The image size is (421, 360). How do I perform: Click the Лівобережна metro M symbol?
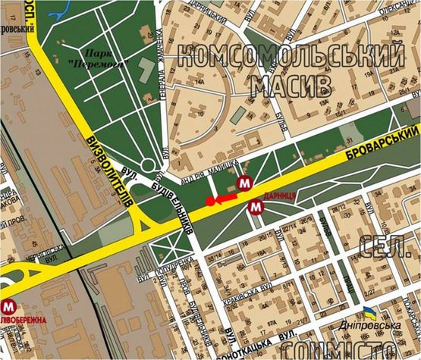click(x=9, y=306)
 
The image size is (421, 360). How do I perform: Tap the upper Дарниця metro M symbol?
click(x=244, y=183)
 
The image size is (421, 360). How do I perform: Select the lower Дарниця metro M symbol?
click(x=256, y=208)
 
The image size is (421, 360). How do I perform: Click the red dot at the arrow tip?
click(x=209, y=202)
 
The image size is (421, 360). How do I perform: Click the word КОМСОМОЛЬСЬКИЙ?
click(x=292, y=56)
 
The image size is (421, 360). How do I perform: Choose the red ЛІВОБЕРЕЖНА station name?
click(x=24, y=320)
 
